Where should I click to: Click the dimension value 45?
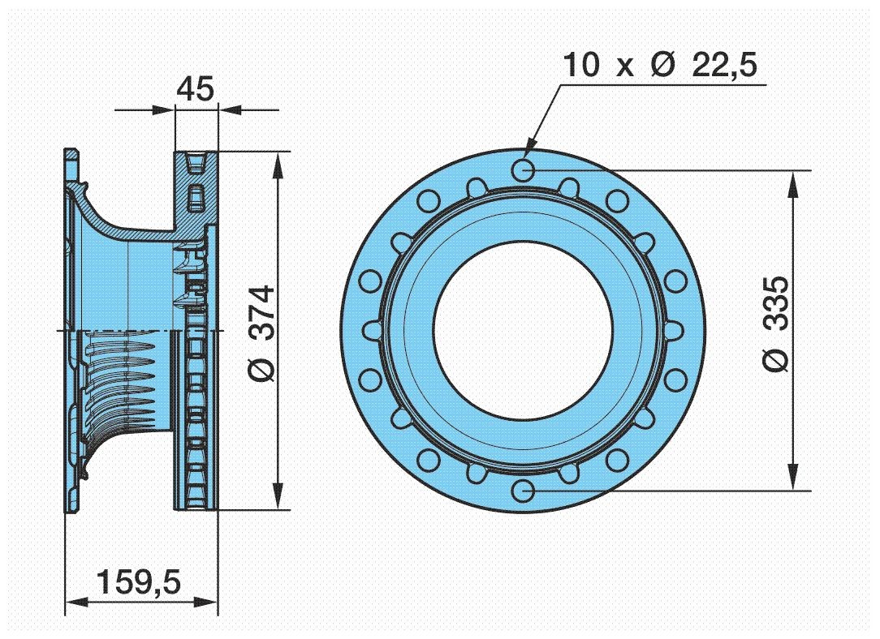pyautogui.click(x=196, y=88)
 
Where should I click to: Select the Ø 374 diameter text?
pyautogui.click(x=262, y=333)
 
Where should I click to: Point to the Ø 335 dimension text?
pyautogui.click(x=774, y=324)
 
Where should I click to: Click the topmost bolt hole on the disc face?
pyautogui.click(x=524, y=169)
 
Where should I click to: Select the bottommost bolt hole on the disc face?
pyautogui.click(x=524, y=490)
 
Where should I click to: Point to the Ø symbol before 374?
pyautogui.click(x=262, y=369)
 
